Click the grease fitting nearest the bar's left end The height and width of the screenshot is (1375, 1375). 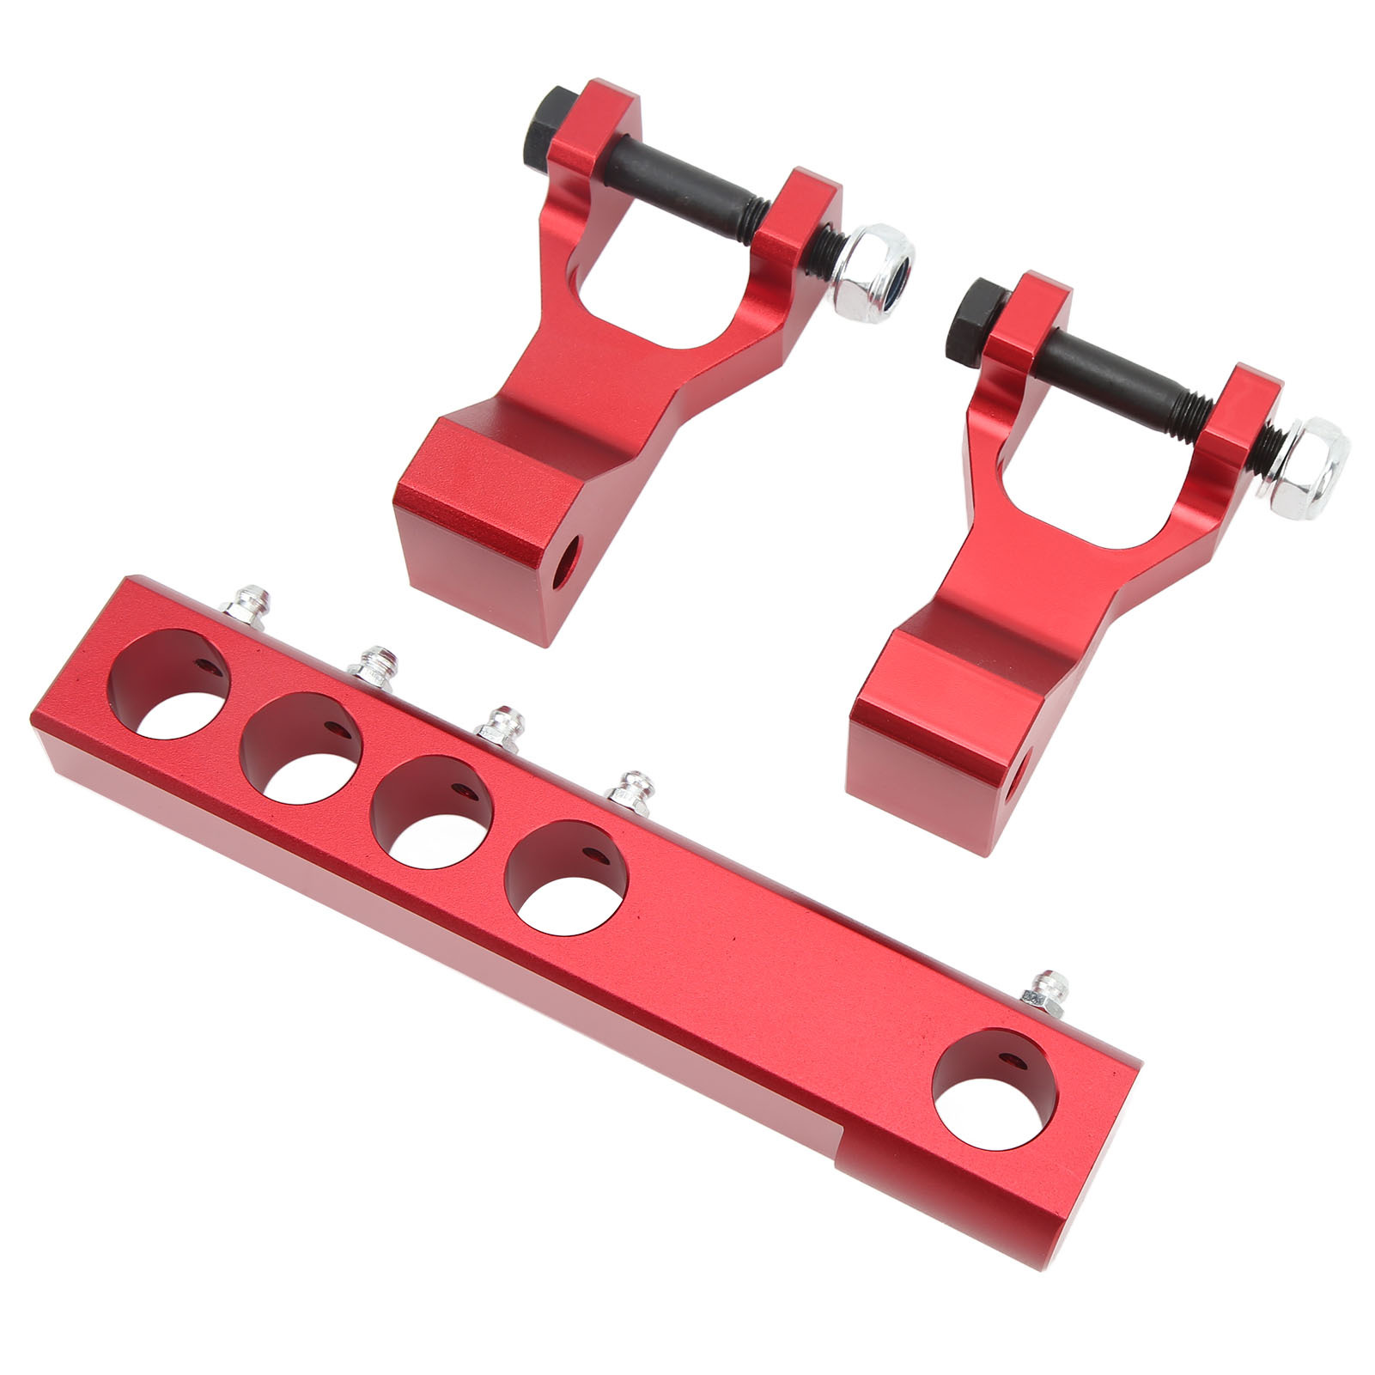(248, 600)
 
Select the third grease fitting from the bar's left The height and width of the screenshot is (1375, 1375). (501, 730)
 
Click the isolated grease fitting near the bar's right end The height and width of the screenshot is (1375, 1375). (1044, 995)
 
